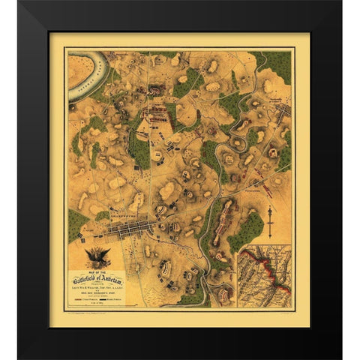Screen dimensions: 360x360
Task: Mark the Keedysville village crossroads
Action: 282,112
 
